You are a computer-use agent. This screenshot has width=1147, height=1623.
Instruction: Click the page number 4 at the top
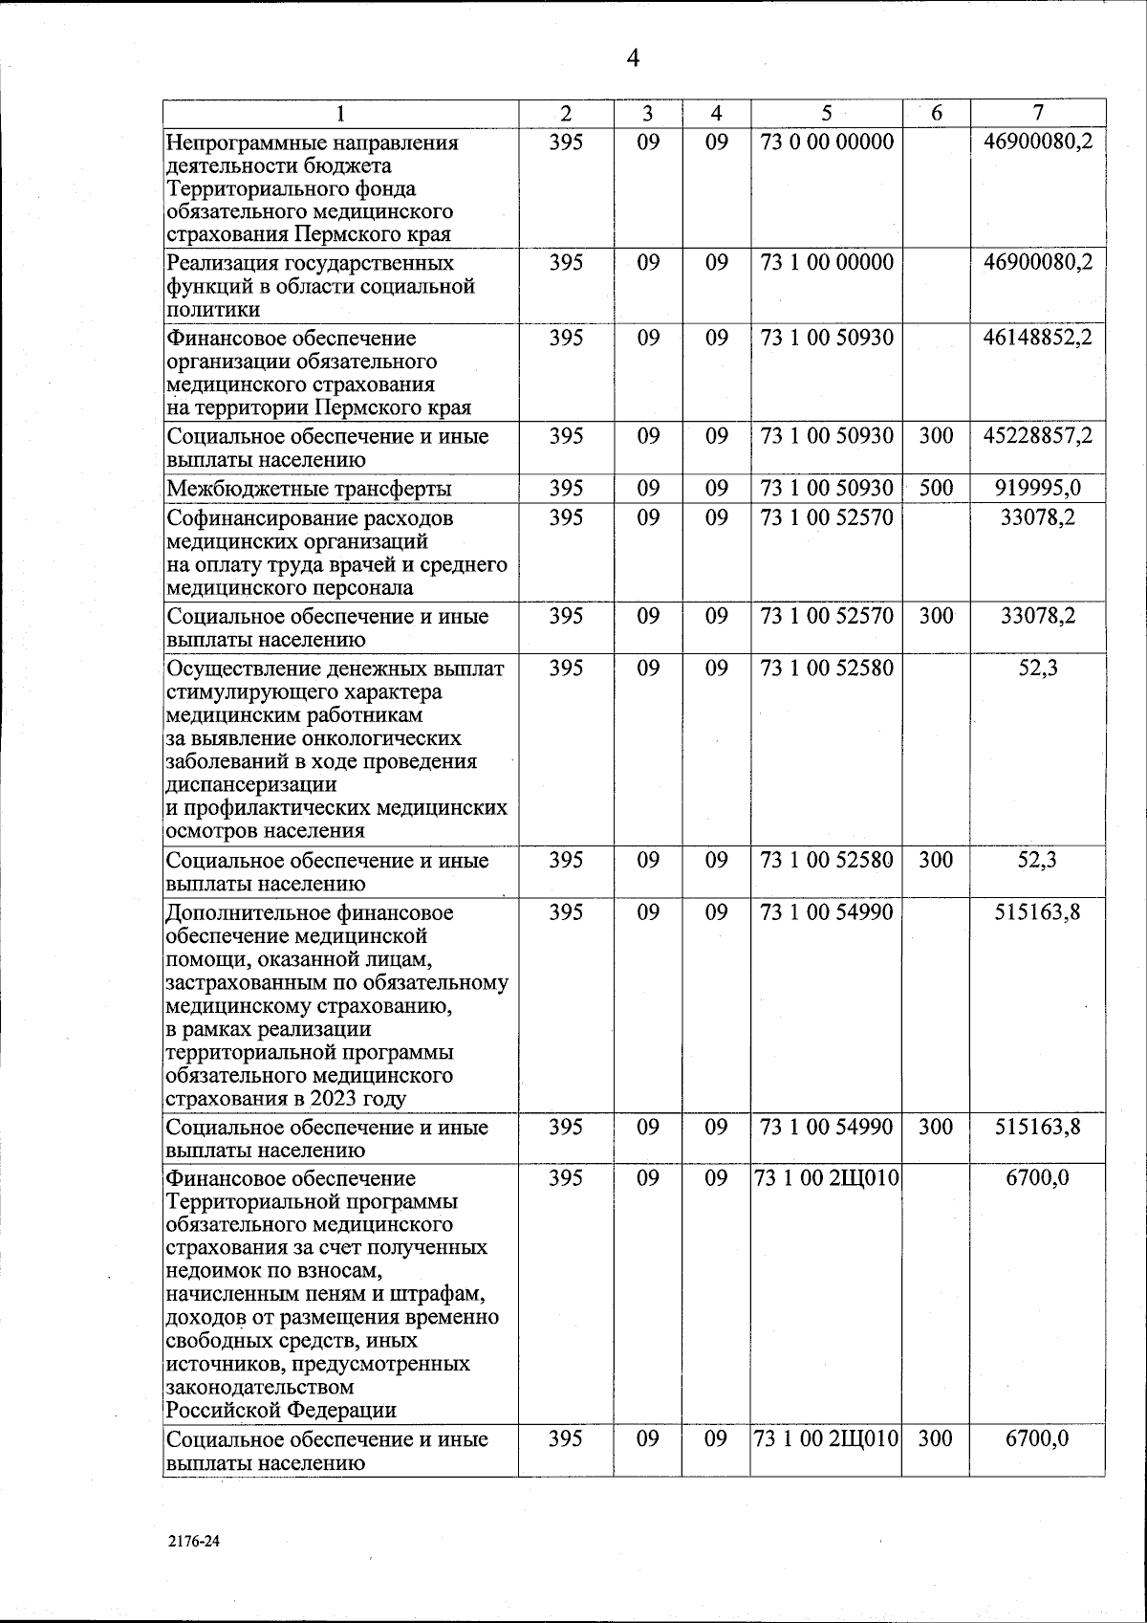(x=633, y=59)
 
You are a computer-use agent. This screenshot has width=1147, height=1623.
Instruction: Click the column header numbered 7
(x=1037, y=113)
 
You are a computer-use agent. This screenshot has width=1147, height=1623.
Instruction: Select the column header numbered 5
(x=827, y=113)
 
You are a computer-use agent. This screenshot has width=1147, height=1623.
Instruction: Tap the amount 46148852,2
(x=1037, y=338)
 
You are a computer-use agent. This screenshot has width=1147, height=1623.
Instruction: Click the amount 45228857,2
(x=1037, y=436)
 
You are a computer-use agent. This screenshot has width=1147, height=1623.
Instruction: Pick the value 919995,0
(x=1037, y=489)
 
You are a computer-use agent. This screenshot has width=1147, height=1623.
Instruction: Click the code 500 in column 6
(x=936, y=489)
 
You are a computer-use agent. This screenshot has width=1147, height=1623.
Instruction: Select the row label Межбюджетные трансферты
(x=309, y=490)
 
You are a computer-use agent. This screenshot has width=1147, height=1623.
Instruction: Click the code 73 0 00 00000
(x=827, y=143)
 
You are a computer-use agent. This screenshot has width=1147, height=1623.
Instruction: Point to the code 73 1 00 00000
(x=827, y=262)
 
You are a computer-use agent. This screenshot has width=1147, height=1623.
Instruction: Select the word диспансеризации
(x=251, y=785)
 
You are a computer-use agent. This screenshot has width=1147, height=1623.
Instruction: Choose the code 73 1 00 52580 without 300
(x=827, y=668)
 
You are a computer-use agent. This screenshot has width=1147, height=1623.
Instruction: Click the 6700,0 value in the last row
(x=1037, y=1439)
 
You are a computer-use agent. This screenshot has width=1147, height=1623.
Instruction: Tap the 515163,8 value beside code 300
(x=1037, y=1128)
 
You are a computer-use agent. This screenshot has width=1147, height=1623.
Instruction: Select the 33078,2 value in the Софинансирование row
(x=1037, y=518)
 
